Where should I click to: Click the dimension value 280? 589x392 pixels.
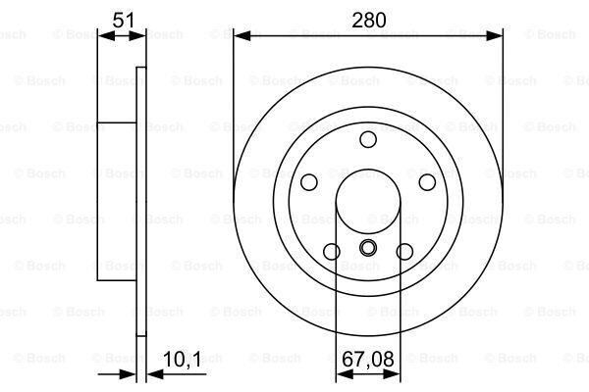pos(368,21)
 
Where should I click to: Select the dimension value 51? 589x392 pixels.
pos(124,20)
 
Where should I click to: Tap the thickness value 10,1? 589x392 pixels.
pos(182,360)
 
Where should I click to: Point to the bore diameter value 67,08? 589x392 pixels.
pos(368,359)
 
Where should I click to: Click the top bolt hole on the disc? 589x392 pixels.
pos(368,139)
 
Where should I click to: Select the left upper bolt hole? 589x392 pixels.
pos(309,182)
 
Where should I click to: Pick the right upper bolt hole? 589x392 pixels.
pos(427,182)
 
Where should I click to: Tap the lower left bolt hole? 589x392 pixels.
pos(332,252)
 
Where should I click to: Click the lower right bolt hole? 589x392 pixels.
pos(404,252)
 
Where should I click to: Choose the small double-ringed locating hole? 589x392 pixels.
pos(368,248)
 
